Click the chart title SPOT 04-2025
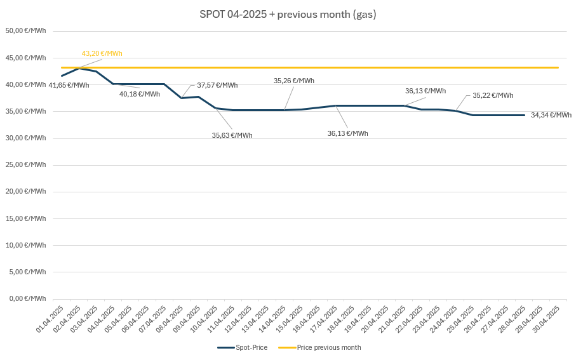point(288,14)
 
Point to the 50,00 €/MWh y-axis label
point(26,31)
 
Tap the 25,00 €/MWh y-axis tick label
point(26,164)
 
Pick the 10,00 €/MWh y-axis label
point(26,245)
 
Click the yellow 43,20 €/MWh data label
point(102,53)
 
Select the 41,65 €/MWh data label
point(69,85)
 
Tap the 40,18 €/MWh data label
point(140,94)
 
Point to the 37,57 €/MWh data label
point(217,85)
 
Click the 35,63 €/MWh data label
point(232,135)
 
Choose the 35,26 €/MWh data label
point(294,81)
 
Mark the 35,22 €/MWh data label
point(493,95)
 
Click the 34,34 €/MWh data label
point(551,115)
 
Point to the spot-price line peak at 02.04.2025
point(79,68)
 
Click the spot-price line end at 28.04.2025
point(524,115)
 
